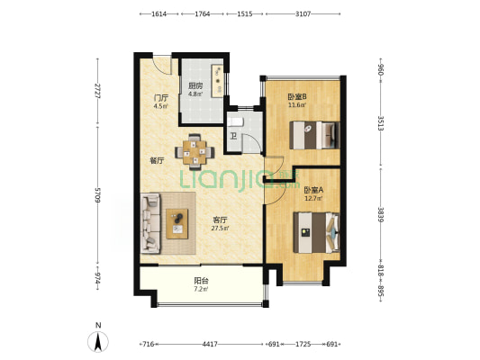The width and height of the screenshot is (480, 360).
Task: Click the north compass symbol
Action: (98, 341)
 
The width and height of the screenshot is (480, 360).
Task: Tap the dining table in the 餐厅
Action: (195, 152)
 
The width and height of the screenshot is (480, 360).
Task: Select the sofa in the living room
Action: (150, 223)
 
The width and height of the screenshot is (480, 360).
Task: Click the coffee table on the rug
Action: (177, 223)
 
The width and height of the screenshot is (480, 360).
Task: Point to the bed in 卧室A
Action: (316, 233)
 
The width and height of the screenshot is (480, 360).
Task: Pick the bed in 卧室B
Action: (314, 135)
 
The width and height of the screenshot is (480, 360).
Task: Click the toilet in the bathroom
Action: (235, 122)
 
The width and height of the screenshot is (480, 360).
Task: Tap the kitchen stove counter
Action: (218, 81)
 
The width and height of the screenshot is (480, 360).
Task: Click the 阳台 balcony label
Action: (202, 281)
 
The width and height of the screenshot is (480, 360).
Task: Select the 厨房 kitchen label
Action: (195, 85)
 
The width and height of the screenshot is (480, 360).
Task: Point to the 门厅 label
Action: (161, 98)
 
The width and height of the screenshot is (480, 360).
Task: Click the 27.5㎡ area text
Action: (221, 229)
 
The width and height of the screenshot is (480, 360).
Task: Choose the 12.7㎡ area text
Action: (313, 198)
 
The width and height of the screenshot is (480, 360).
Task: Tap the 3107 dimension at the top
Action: (303, 13)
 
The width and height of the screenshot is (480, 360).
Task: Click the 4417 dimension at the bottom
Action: (210, 344)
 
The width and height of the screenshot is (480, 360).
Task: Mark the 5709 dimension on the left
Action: (97, 194)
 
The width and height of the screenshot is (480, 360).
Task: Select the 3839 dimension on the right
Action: (381, 215)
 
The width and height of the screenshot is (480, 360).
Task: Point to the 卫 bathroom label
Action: (233, 136)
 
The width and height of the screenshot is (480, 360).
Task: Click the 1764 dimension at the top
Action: (203, 13)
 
